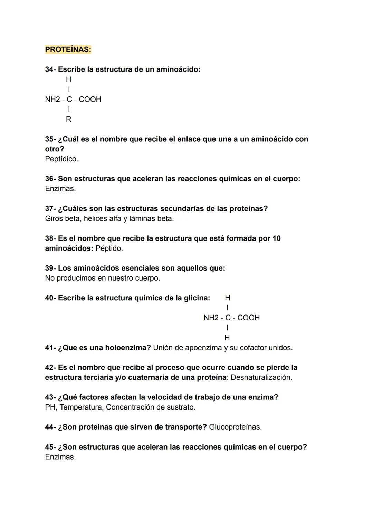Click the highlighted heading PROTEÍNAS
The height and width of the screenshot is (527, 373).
pyautogui.click(x=68, y=50)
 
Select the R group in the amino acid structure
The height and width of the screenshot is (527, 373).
pyautogui.click(x=68, y=119)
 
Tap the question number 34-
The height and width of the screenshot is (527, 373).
pyautogui.click(x=50, y=69)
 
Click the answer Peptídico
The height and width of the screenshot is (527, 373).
pyautogui.click(x=61, y=159)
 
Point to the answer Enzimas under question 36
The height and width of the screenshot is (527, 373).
pyautogui.click(x=60, y=189)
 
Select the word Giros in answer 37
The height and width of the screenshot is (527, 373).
pyautogui.click(x=54, y=219)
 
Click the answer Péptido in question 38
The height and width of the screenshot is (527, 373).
pyautogui.click(x=109, y=248)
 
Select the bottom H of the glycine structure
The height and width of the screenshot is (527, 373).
pyautogui.click(x=227, y=338)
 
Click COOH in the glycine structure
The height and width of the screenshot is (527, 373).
pyautogui.click(x=248, y=318)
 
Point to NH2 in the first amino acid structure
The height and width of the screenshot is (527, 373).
pyautogui.click(x=52, y=100)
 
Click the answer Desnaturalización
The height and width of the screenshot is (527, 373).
pyautogui.click(x=261, y=377)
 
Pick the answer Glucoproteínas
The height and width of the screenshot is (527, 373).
pyautogui.click(x=235, y=427)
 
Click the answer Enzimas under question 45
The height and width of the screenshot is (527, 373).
pyautogui.click(x=60, y=457)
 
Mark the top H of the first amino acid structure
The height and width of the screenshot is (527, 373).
pyautogui.click(x=68, y=79)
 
